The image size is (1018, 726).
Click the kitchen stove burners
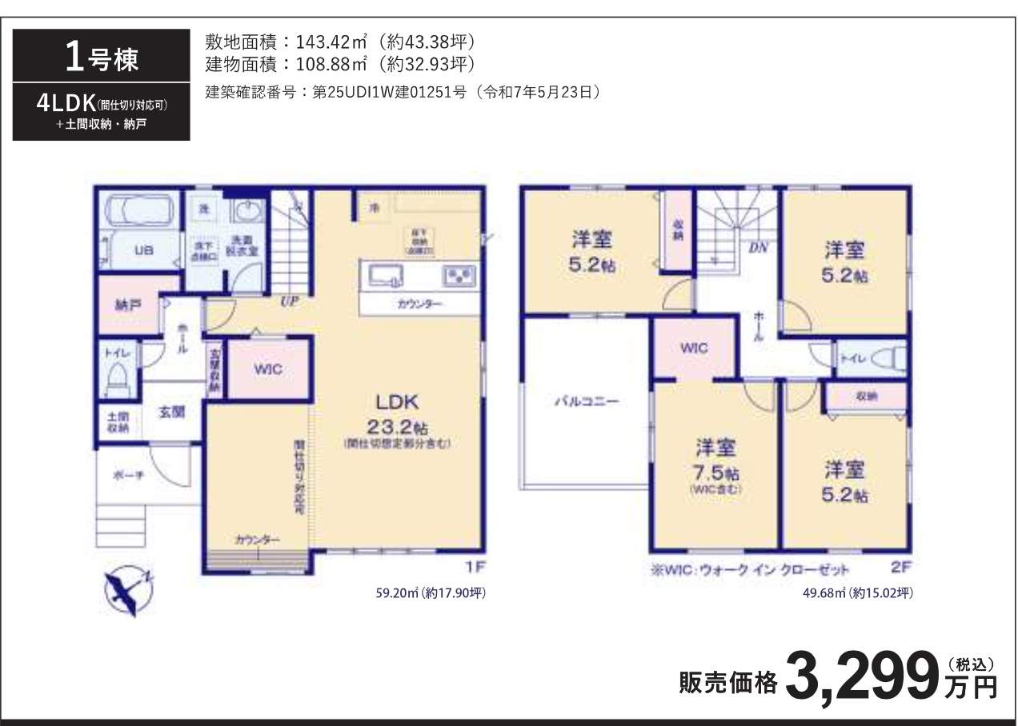(x=459, y=277)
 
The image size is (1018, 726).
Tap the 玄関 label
(x=171, y=413)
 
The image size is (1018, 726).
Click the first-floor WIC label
(x=268, y=369)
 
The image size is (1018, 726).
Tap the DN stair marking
(x=758, y=248)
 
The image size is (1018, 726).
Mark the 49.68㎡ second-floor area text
(x=857, y=593)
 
